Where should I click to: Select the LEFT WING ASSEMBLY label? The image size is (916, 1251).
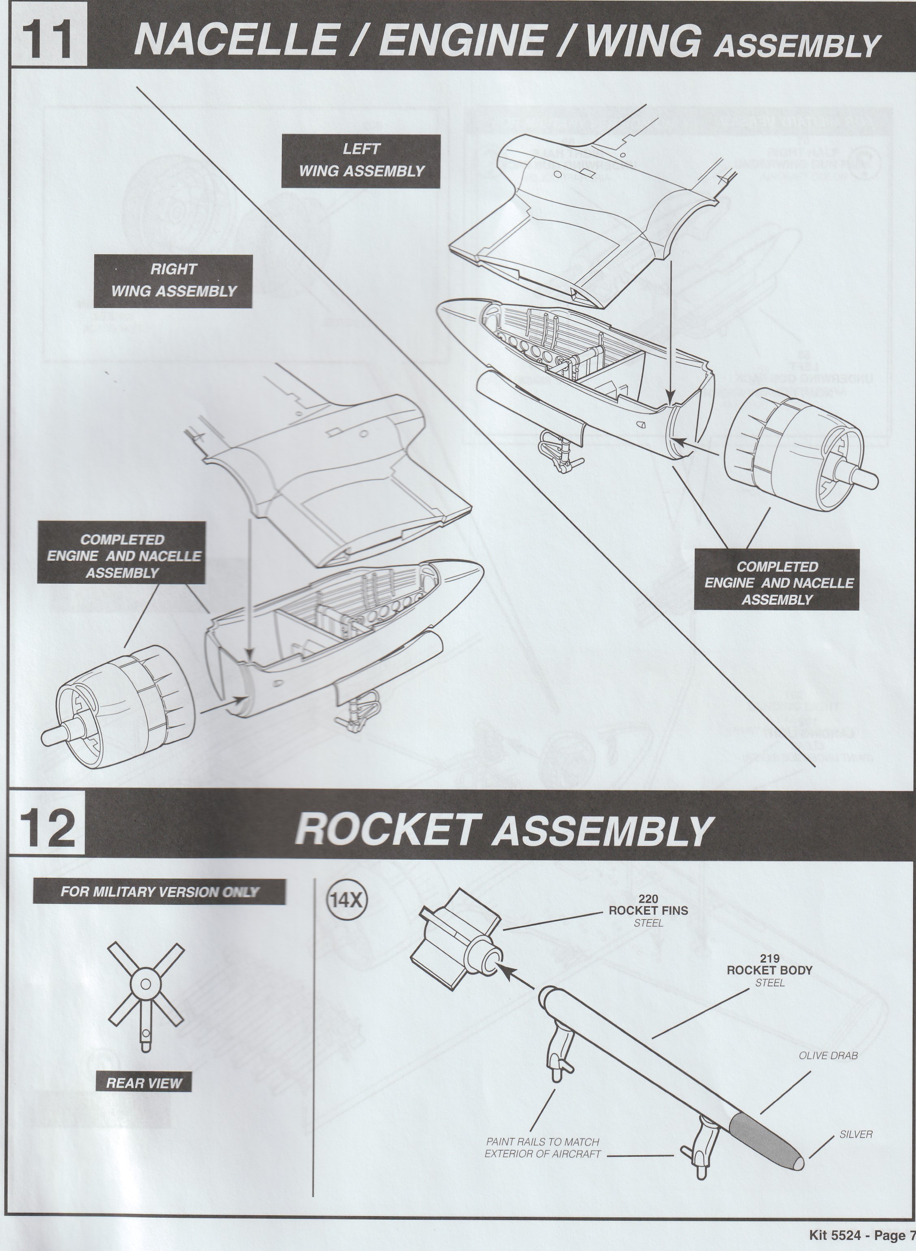tap(361, 160)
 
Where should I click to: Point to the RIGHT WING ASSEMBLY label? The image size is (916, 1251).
tap(173, 281)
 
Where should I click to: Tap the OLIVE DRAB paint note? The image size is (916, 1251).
tap(828, 1055)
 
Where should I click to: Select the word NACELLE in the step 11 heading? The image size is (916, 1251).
tap(237, 40)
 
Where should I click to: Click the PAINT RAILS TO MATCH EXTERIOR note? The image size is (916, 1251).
tap(542, 1148)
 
